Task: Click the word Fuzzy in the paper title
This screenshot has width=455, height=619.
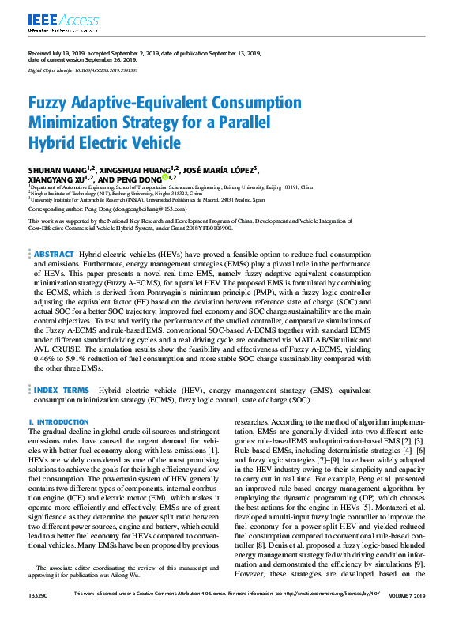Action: point(50,104)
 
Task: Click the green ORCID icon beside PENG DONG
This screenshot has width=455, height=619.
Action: point(164,178)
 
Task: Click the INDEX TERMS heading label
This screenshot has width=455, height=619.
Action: point(62,391)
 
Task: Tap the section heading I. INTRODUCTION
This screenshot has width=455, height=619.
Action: point(58,422)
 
